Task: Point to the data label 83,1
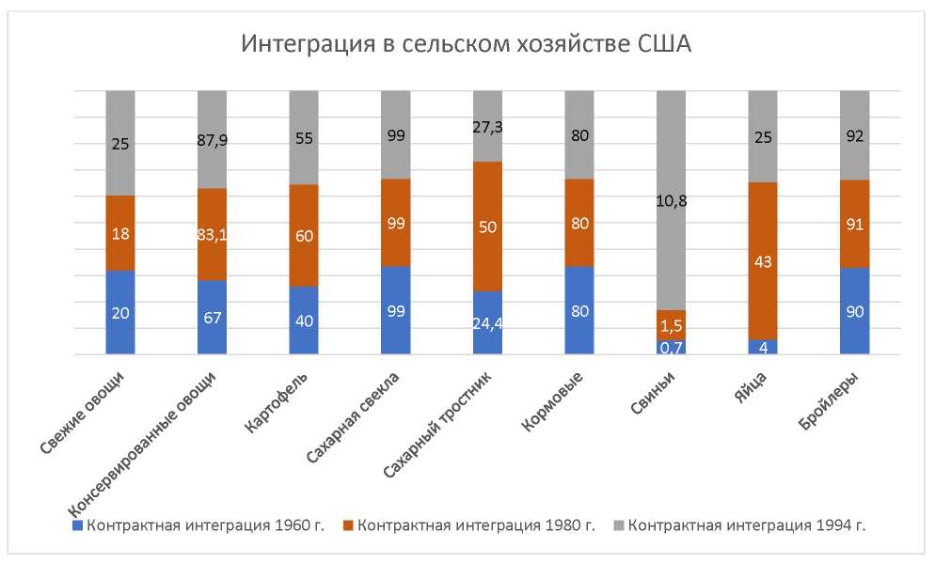coord(213,235)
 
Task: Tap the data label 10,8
coord(672,200)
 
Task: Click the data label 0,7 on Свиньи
coord(672,347)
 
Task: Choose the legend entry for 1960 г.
coord(198,524)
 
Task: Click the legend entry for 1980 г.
coord(468,524)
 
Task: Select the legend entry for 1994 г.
coord(738,524)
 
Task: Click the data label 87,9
coord(213,140)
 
